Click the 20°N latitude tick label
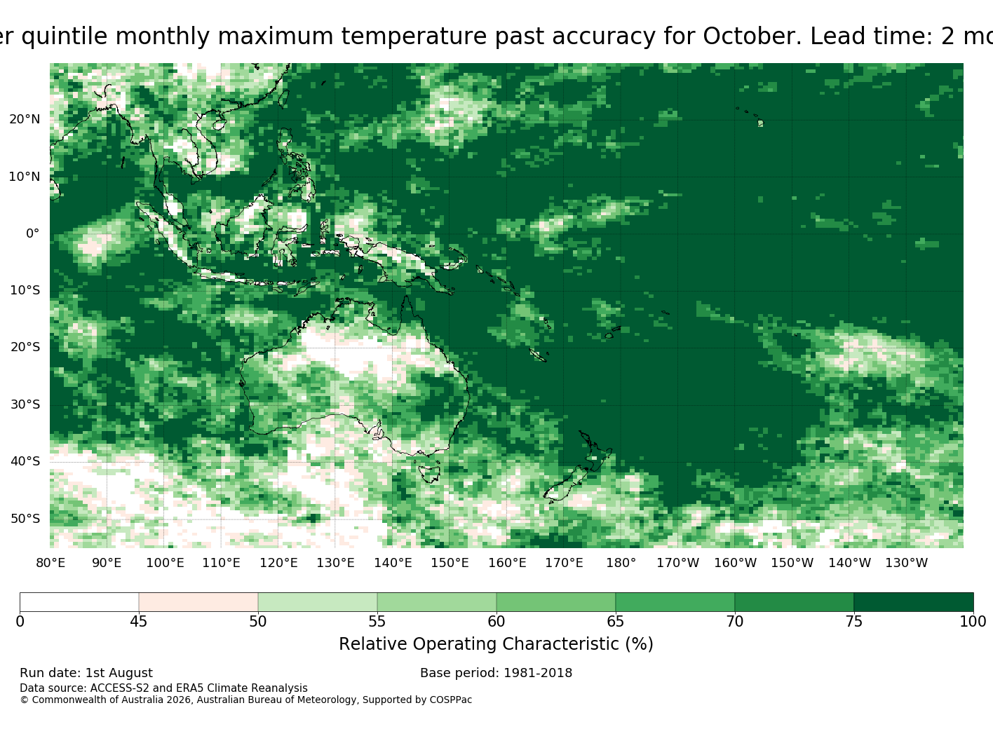(x=25, y=119)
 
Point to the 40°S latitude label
(x=25, y=461)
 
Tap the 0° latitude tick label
(x=33, y=233)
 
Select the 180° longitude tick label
(x=621, y=563)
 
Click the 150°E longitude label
(x=450, y=563)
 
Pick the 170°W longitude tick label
(x=678, y=563)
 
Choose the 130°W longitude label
(x=907, y=563)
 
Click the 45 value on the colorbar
(x=138, y=621)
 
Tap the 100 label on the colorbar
(x=973, y=621)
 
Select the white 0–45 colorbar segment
(x=79, y=601)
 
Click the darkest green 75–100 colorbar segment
(x=913, y=601)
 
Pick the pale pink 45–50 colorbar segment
(x=198, y=601)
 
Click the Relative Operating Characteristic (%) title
(x=496, y=643)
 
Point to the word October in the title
(x=752, y=36)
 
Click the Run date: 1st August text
(x=86, y=673)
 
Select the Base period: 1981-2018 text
(x=496, y=673)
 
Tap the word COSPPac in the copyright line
(x=450, y=700)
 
